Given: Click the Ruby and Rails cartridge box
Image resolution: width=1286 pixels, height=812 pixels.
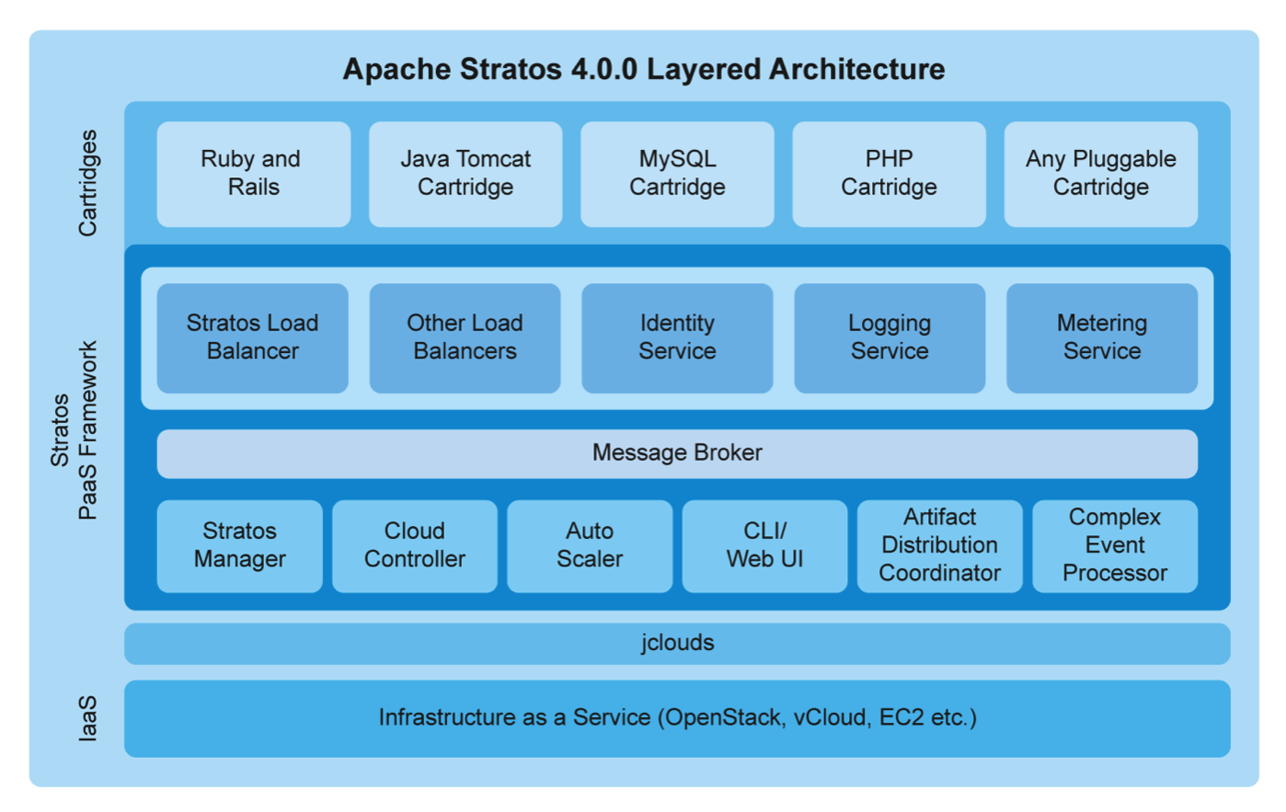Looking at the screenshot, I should tap(253, 174).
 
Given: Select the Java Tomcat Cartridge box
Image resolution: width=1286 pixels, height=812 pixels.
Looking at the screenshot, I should tap(465, 174).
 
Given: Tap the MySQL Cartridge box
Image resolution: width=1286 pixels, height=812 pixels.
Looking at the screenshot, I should tap(677, 174).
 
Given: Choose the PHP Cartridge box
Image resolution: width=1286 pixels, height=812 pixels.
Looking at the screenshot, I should tap(889, 174).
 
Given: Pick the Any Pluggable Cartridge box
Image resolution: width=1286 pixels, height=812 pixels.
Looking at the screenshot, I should tap(1100, 174).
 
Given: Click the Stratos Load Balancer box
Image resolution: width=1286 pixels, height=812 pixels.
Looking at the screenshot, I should tap(252, 337).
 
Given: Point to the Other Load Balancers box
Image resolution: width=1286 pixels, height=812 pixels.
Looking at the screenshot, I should tap(465, 337).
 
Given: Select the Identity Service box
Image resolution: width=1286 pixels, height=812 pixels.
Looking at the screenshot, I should tap(677, 337).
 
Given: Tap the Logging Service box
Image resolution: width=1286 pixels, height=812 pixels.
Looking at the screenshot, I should tap(890, 337).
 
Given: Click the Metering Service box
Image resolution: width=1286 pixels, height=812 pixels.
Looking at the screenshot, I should tap(1102, 337).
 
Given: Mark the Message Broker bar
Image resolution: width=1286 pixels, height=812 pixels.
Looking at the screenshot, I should tap(677, 453).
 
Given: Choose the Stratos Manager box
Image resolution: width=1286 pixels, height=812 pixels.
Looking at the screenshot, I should tap(239, 545).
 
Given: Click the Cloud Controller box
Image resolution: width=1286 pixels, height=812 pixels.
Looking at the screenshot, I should tap(415, 545).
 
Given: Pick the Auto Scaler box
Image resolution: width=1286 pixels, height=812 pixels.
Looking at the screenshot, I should tap(590, 545).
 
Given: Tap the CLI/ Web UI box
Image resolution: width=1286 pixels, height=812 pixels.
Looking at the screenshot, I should tap(764, 545).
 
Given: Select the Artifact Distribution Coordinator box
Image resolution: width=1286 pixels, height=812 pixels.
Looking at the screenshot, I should tap(939, 545).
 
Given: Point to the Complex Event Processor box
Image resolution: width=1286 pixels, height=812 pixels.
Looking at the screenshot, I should tap(1115, 545).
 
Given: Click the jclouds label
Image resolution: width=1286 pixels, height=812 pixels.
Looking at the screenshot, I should tap(677, 643).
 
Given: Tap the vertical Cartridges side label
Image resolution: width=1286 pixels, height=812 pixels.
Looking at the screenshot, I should tap(87, 183).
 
